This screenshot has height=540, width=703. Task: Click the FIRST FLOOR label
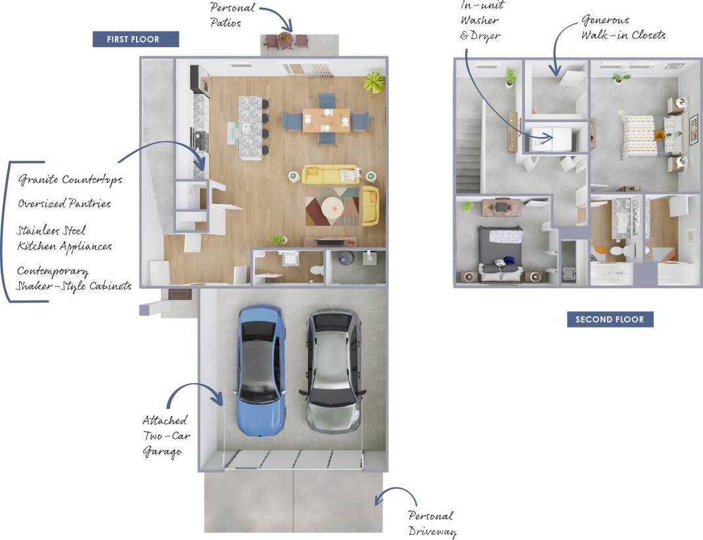point(135,39)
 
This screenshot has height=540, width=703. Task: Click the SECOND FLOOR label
point(610,320)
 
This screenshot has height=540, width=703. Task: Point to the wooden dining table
point(327,120)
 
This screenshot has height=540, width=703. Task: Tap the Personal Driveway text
point(431,523)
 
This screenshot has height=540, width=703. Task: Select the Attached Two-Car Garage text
point(164,436)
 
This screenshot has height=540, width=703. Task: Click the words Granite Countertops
point(70,179)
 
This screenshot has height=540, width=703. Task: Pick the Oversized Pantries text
point(64,203)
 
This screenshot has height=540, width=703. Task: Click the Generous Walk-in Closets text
point(623,28)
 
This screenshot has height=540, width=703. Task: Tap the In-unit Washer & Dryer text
point(481,20)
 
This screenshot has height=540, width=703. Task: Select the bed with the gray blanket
point(501,253)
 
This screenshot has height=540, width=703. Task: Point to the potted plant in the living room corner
point(374,83)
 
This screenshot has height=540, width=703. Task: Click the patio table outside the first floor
point(285,39)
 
